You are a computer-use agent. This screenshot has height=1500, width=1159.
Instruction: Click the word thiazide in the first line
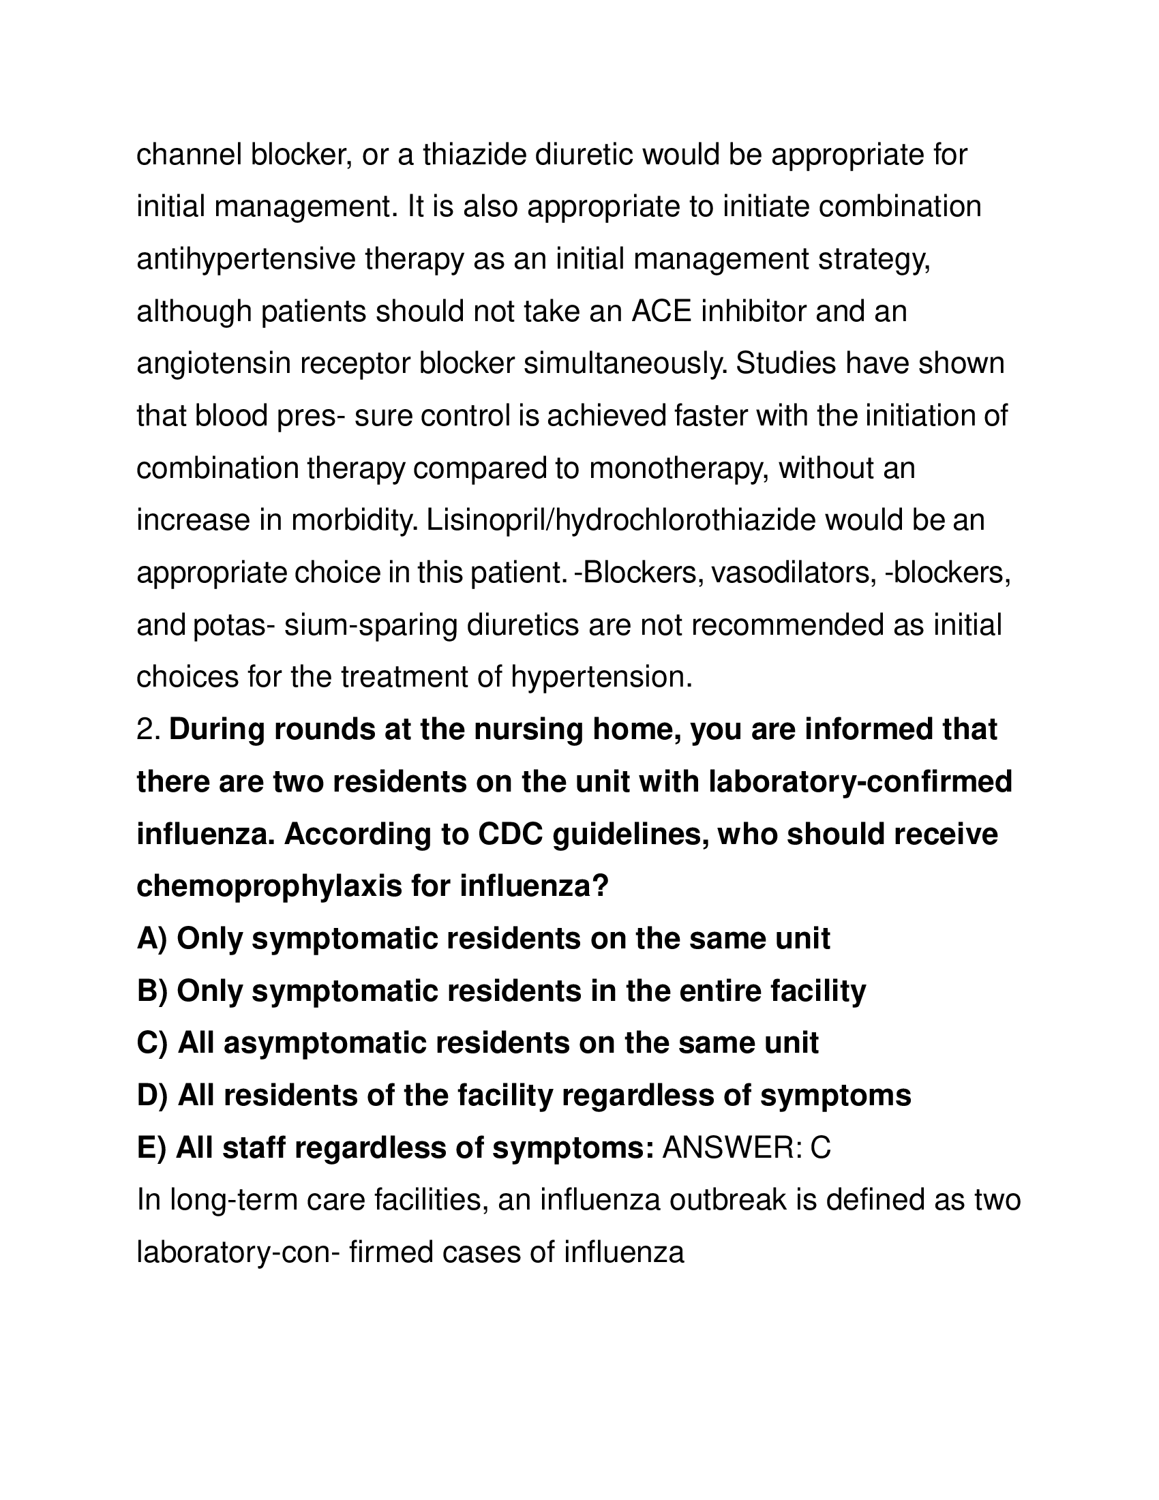coord(474,155)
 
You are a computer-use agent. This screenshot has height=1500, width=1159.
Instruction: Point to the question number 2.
coord(148,730)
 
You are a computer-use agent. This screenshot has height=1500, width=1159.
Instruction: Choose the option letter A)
coord(152,939)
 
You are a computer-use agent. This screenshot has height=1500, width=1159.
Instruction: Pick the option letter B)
coord(152,991)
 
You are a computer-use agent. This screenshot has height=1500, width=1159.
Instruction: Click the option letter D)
coord(153,1096)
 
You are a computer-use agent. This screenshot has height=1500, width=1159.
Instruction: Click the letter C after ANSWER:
coord(820,1147)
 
